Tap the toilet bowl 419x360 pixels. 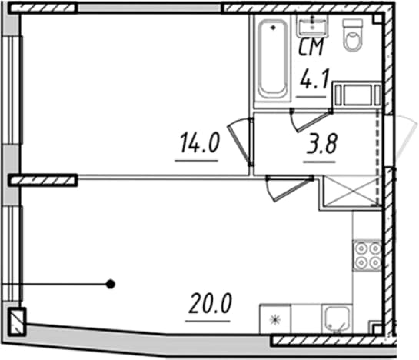353,35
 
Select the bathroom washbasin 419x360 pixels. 312,26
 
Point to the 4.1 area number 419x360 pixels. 314,78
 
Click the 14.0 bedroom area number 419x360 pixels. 200,143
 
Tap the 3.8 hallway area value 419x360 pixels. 322,144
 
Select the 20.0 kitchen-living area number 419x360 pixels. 210,303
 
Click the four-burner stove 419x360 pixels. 367,255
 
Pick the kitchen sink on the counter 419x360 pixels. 338,318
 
